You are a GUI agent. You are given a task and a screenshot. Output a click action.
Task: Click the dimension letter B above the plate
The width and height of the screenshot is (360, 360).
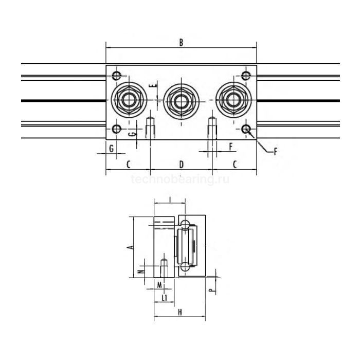coord(181,43)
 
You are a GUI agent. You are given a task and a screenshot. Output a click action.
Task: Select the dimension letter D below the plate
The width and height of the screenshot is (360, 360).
coord(181,164)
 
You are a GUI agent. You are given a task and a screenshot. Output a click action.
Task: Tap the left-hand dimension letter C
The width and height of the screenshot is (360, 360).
coord(128,164)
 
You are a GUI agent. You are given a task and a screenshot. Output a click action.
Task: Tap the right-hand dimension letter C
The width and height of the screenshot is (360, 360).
coord(235,164)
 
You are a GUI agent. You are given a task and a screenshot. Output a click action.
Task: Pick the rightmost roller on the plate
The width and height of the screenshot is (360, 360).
coord(232,100)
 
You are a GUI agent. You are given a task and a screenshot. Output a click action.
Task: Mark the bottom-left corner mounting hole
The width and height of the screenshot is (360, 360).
coord(117,129)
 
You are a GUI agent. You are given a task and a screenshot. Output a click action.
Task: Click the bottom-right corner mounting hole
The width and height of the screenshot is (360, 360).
coord(246,129)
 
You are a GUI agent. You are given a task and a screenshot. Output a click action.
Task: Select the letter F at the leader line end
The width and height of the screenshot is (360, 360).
coord(276,151)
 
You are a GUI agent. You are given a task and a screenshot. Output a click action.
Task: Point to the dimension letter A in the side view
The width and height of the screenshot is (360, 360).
coord(131,247)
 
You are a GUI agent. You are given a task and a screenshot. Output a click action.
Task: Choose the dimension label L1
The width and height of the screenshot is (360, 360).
coord(165,298)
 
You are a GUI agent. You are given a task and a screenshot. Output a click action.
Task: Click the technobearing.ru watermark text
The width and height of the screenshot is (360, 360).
coord(180,179)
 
